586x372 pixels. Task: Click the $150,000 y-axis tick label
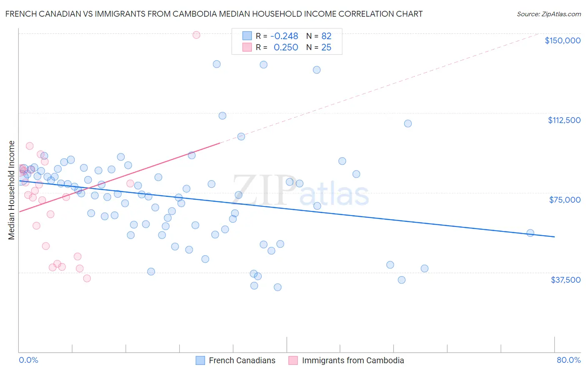[x=562, y=40]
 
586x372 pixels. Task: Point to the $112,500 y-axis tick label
[x=564, y=120]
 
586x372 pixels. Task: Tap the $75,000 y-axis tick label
[x=565, y=200]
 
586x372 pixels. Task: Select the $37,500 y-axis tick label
[x=566, y=280]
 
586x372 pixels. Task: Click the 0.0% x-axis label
[x=28, y=360]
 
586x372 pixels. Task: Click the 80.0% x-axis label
[x=568, y=360]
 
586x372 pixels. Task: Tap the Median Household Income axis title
[x=11, y=190]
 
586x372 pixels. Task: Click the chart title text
[x=214, y=14]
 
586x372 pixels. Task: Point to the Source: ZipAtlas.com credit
[x=548, y=14]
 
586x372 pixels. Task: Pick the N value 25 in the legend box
[x=326, y=48]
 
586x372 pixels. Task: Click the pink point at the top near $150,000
[x=196, y=35]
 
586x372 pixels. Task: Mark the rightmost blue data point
[x=530, y=233]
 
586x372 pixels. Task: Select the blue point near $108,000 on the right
[x=408, y=123]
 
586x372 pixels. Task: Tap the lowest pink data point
[x=87, y=278]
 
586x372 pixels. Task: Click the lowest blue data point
[x=278, y=287]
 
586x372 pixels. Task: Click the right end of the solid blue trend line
[x=554, y=237]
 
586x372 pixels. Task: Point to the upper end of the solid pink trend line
[x=220, y=143]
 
